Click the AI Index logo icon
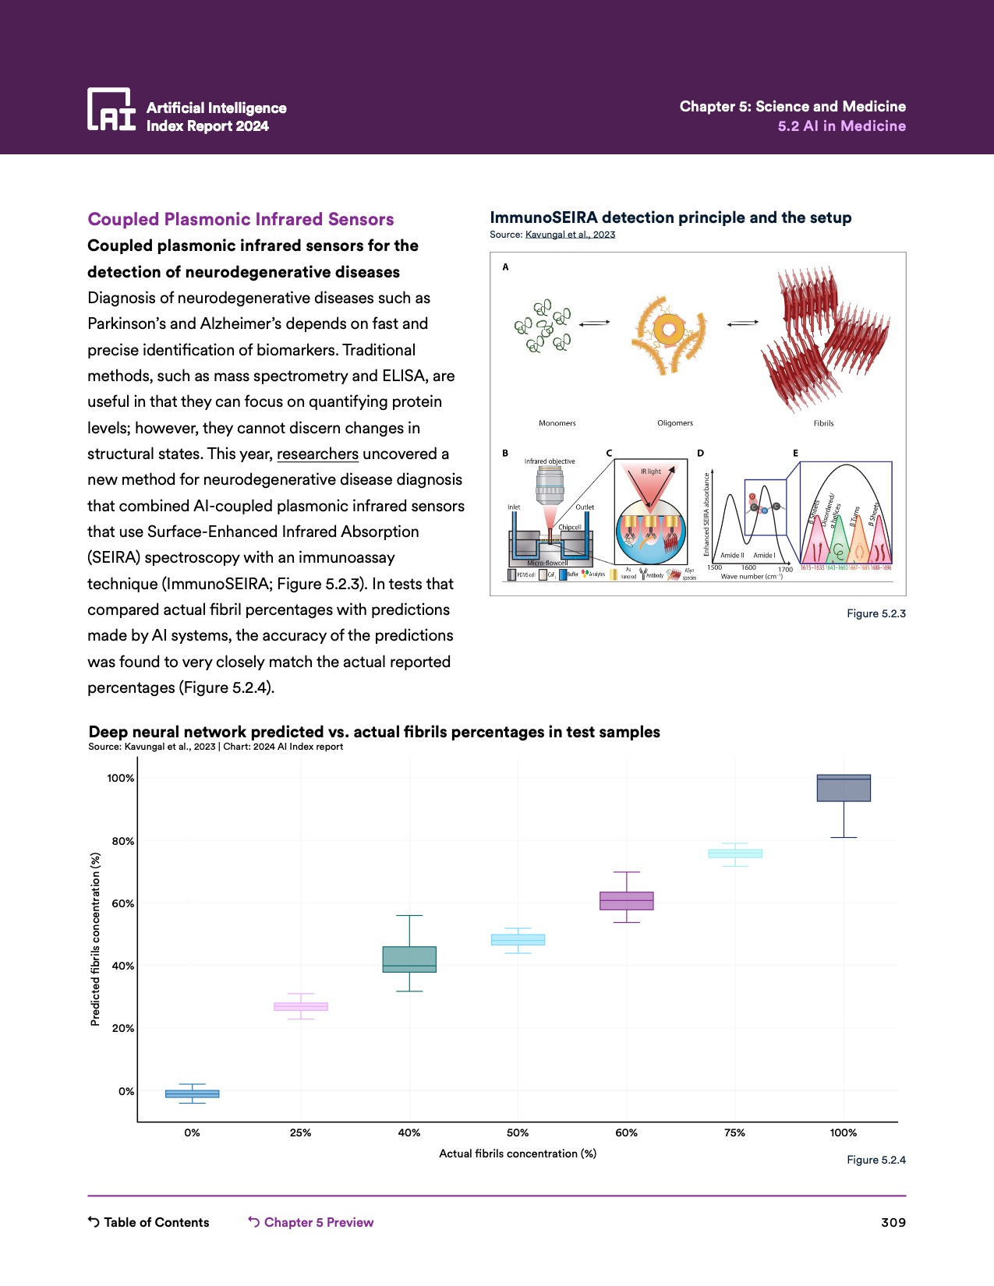111,109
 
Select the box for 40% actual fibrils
409,959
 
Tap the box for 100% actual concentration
844,788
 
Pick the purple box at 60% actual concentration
627,901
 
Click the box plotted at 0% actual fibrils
193,1093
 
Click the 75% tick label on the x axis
734,1132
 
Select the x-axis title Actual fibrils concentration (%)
518,1154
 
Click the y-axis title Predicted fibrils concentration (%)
95,939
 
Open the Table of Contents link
149,1222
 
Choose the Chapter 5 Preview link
311,1222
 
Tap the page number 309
893,1222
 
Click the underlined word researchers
317,454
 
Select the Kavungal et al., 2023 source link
570,235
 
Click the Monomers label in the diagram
557,423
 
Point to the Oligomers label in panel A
675,423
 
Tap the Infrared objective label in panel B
550,461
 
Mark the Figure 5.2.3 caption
876,613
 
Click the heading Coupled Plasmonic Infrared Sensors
241,219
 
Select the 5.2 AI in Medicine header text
841,126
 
